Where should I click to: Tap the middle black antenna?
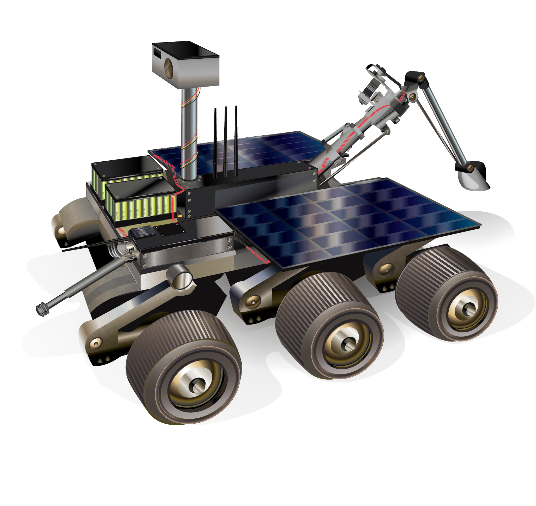[x=225, y=143]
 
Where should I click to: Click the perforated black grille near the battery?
[x=143, y=232]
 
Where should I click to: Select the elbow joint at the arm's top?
[x=415, y=78]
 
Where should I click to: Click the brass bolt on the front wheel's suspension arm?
[x=96, y=343]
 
